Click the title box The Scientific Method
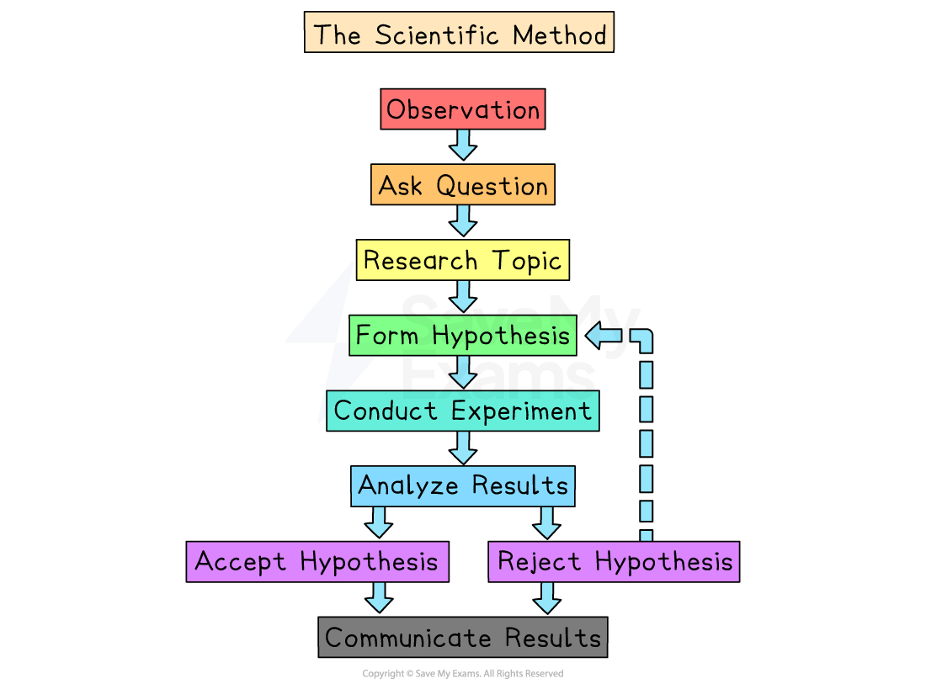[x=459, y=35]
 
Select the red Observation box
[x=463, y=109]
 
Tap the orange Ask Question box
[x=463, y=185]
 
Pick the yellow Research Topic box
[x=463, y=261]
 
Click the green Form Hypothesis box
[x=463, y=336]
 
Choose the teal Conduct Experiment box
[x=463, y=411]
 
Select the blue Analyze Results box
[x=463, y=485]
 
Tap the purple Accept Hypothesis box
[x=317, y=561]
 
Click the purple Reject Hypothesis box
[x=614, y=561]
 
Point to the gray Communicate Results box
[x=463, y=637]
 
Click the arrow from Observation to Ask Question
[x=463, y=145]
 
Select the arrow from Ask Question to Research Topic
[x=463, y=220]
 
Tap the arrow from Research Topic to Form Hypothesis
[x=463, y=295]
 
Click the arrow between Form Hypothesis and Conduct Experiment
[x=463, y=370]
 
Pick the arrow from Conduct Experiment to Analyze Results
[x=463, y=446]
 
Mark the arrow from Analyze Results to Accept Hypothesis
[x=379, y=522]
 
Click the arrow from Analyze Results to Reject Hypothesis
[x=547, y=522]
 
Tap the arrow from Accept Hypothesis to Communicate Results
[x=379, y=597]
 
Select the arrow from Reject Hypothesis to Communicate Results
[x=547, y=597]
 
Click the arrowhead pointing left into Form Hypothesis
[x=597, y=336]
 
